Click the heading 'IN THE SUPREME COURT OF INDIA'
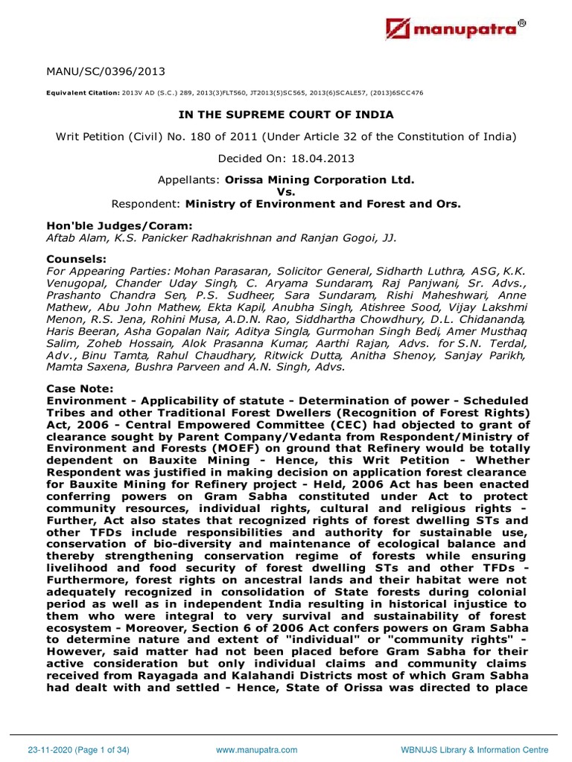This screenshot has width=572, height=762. [286, 115]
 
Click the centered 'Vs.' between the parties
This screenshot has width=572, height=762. [286, 191]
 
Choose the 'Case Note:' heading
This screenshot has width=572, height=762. [80, 388]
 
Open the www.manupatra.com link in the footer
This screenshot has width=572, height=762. [257, 750]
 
